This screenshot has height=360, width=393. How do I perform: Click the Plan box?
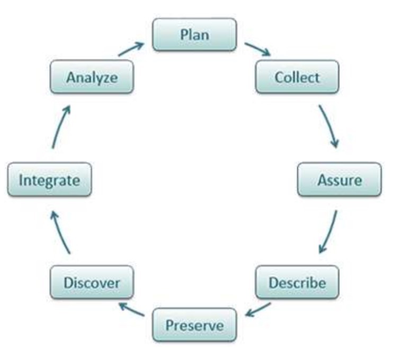194,34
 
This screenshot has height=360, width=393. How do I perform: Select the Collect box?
297,77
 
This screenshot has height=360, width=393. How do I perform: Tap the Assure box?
340,179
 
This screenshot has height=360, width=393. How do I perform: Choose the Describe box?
297,282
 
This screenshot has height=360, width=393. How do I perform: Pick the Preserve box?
194,325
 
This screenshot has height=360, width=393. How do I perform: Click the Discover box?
92,282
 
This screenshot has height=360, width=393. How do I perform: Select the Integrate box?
49,179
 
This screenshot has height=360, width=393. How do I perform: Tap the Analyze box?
92,77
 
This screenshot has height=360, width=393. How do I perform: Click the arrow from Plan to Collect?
257,49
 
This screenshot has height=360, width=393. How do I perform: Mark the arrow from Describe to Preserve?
257,310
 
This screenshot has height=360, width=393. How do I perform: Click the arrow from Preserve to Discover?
131,309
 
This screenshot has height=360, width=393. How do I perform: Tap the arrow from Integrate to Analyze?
60,127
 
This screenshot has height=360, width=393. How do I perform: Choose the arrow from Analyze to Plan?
131,49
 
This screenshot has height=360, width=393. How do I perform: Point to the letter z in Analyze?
104,79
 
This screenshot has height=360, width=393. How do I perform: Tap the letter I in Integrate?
21,179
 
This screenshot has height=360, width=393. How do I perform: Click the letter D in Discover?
68,283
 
